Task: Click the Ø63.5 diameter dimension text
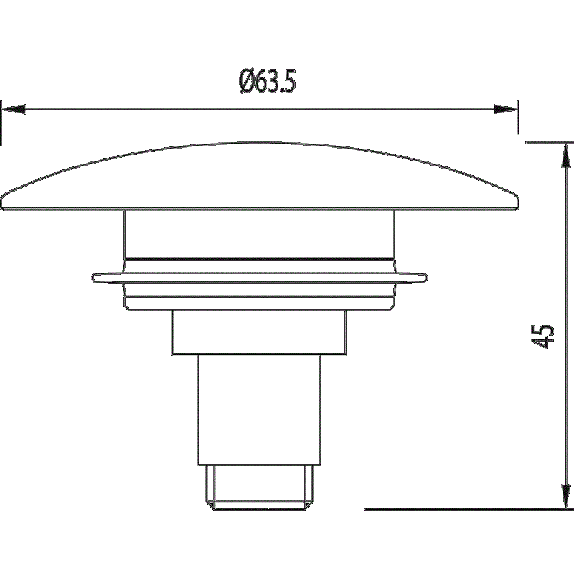(267, 81)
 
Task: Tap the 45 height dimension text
(544, 336)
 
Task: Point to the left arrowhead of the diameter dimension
(14, 109)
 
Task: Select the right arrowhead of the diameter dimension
(506, 109)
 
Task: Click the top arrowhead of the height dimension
(565, 155)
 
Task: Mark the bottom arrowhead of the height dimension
(566, 496)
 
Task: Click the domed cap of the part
(260, 176)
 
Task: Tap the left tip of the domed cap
(1, 203)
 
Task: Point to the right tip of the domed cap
(518, 202)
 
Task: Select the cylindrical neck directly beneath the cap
(260, 235)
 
